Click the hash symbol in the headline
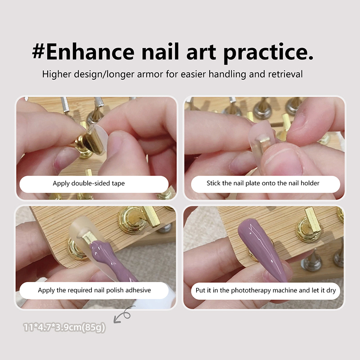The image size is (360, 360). click(x=39, y=51)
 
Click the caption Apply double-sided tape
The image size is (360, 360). click(x=89, y=184)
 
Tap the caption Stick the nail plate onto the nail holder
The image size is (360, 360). click(x=263, y=183)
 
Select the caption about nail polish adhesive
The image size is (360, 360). click(x=94, y=290)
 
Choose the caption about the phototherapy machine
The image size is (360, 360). click(x=265, y=291)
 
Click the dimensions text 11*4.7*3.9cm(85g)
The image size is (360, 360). click(x=64, y=327)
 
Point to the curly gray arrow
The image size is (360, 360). click(x=123, y=315)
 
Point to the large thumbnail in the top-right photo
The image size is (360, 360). click(x=283, y=161)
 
